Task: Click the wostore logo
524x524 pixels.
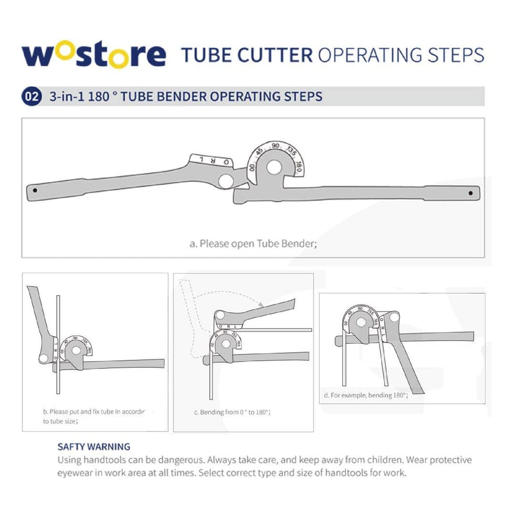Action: (94, 55)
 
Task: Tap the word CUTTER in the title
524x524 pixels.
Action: (279, 54)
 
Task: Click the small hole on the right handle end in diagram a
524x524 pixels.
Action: (471, 193)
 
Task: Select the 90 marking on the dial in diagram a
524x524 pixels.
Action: (276, 146)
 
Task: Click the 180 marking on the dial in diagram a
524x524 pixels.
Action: (299, 167)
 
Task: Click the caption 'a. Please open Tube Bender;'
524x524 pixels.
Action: (253, 244)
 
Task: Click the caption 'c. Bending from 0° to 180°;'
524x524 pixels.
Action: (232, 412)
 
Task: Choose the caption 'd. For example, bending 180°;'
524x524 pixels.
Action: (365, 395)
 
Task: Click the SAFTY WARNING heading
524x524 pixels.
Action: (94, 447)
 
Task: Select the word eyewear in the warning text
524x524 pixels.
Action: (75, 473)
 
